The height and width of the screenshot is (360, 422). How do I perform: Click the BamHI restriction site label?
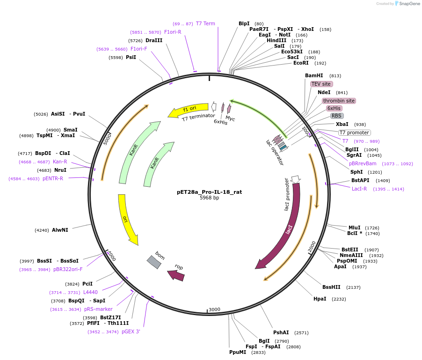[x=314, y=75]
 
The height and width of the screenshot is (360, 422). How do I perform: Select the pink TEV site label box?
[x=321, y=84]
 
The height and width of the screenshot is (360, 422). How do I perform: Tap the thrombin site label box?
[x=339, y=101]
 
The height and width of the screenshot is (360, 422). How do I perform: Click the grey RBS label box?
[x=337, y=116]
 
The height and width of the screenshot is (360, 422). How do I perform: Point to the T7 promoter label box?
[x=354, y=132]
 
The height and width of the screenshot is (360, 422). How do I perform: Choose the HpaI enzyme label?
[x=320, y=299]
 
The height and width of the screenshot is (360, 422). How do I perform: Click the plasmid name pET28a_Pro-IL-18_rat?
[x=209, y=192]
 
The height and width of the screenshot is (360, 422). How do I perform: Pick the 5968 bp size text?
[x=209, y=198]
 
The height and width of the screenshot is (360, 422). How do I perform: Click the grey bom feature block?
[x=154, y=262]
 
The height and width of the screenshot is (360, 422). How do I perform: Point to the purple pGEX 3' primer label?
[x=131, y=331]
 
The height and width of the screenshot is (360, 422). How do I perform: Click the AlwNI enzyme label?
[x=60, y=230]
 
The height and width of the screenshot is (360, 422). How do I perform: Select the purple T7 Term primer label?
[x=205, y=23]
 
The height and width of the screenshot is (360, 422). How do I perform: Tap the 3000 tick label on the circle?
[x=214, y=309]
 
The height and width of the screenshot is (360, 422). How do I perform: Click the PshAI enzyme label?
[x=282, y=332]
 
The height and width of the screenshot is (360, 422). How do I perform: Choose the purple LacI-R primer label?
[x=359, y=189]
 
